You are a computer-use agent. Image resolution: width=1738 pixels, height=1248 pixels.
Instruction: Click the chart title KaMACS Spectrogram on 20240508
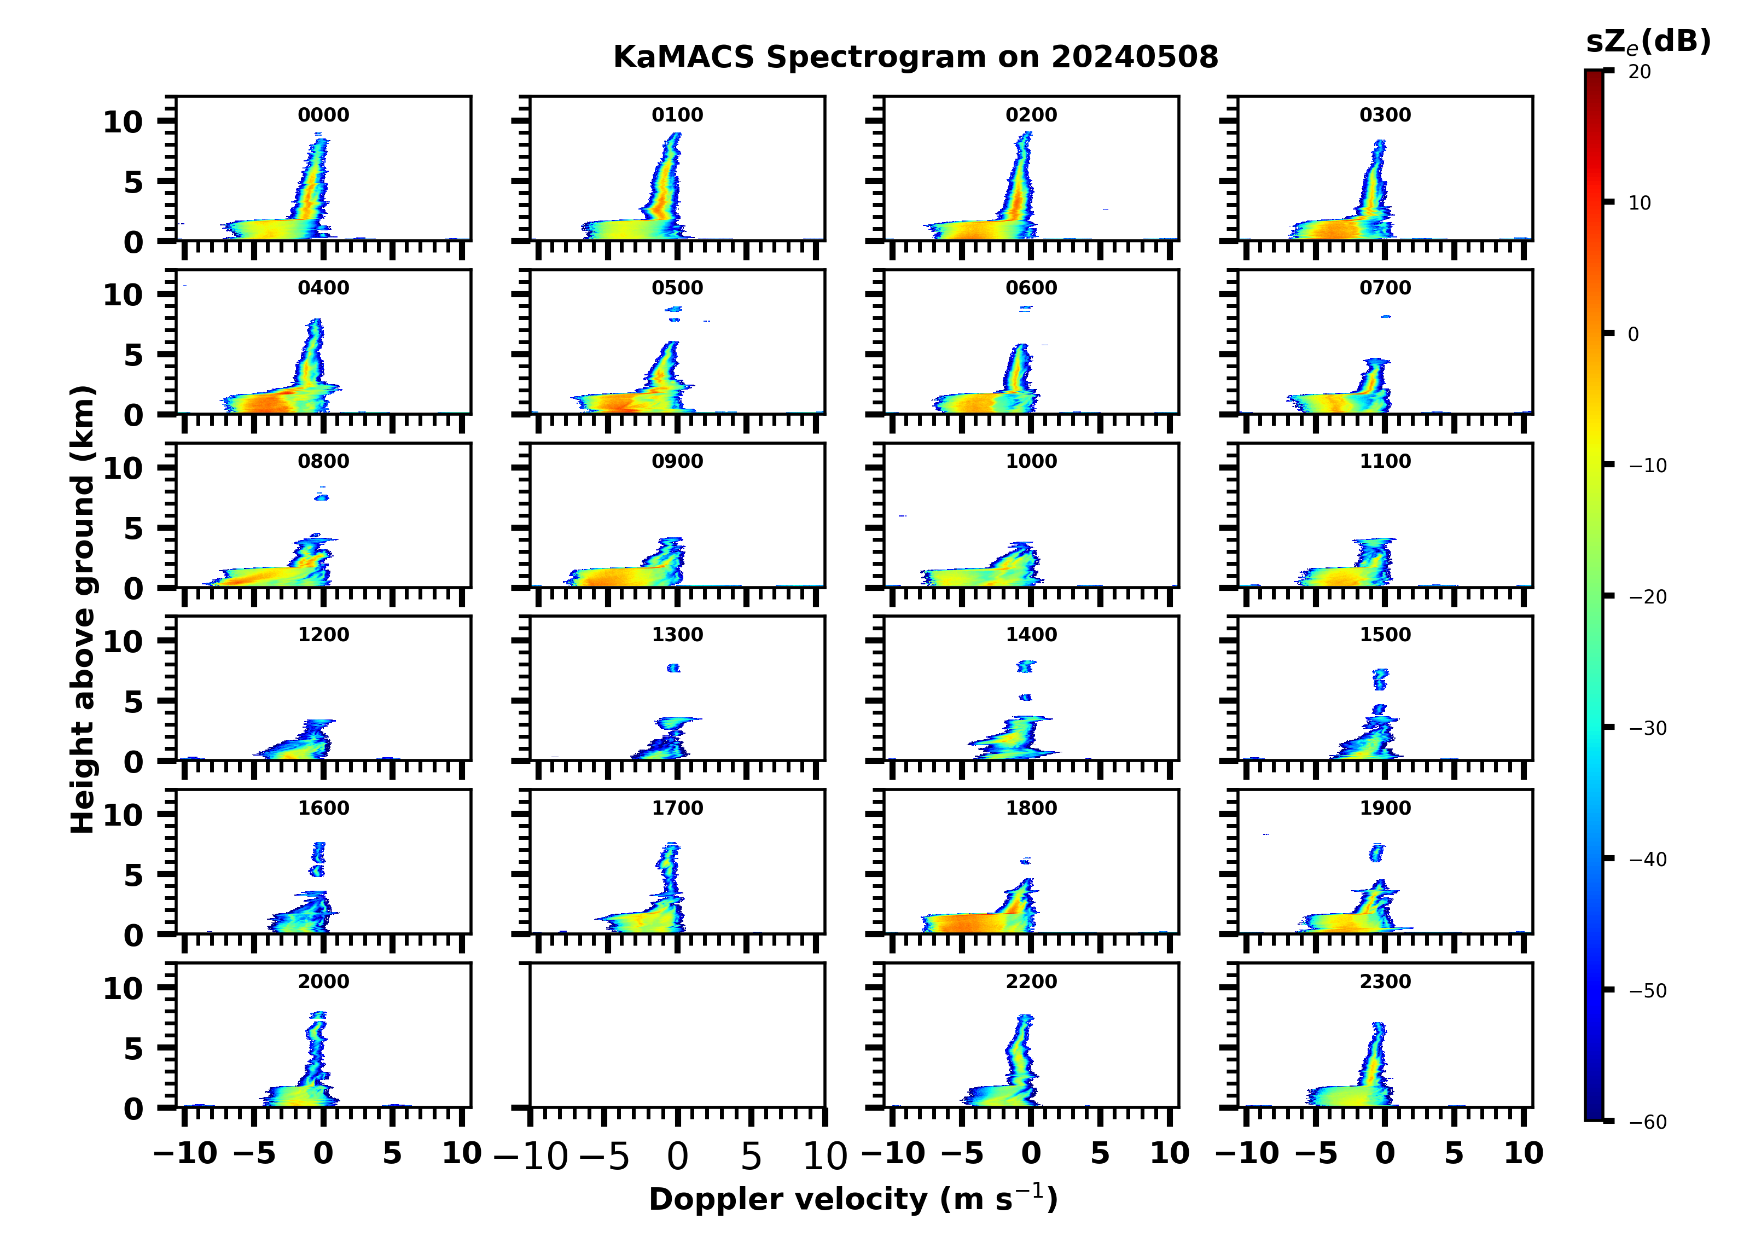915,57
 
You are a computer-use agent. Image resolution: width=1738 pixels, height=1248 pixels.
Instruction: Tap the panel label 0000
323,115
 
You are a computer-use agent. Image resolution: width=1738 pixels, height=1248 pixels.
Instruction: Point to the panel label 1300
677,635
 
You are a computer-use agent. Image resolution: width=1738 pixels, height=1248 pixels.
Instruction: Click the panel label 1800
1031,808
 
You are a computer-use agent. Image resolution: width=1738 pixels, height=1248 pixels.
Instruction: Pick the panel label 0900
677,461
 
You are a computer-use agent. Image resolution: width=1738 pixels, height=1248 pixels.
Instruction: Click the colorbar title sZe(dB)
1648,42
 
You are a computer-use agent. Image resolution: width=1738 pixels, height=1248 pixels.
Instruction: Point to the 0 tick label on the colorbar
1633,335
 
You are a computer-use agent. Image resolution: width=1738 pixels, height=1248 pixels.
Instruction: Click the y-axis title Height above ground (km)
83,610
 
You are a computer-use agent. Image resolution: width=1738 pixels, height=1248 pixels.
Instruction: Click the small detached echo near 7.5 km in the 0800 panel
322,497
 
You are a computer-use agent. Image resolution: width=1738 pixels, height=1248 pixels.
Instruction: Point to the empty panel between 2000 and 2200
677,1035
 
